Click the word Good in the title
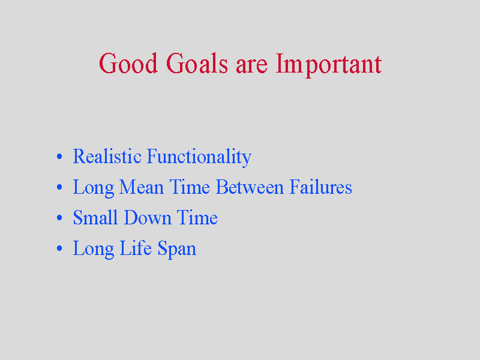pyautogui.click(x=128, y=63)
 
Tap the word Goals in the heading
pyautogui.click(x=197, y=63)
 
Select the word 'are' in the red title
pyautogui.click(x=251, y=65)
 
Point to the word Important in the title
pyautogui.click(x=328, y=65)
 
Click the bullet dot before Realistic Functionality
pyautogui.click(x=59, y=157)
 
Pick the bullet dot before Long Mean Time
pyautogui.click(x=59, y=187)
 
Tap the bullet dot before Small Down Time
pyautogui.click(x=59, y=218)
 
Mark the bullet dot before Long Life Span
pyautogui.click(x=59, y=248)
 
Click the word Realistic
pyautogui.click(x=107, y=156)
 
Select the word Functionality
pyautogui.click(x=199, y=157)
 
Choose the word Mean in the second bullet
pyautogui.click(x=142, y=187)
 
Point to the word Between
pyautogui.click(x=250, y=187)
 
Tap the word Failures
pyautogui.click(x=321, y=187)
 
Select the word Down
pyautogui.click(x=148, y=218)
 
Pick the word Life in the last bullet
pyautogui.click(x=136, y=248)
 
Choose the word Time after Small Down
pyautogui.click(x=197, y=218)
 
